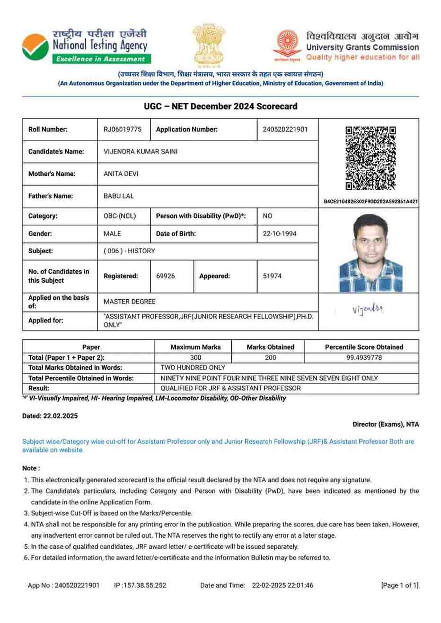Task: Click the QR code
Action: click(370, 158)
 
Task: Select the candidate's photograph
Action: click(370, 253)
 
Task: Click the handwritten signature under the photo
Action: click(368, 310)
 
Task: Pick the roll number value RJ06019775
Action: click(122, 129)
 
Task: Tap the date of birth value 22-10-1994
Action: click(280, 233)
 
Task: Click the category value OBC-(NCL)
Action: click(120, 216)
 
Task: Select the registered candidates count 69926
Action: click(166, 276)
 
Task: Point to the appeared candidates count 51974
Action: click(272, 276)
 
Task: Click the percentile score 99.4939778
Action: click(364, 357)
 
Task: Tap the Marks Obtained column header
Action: click(270, 347)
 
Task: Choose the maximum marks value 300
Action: click(195, 357)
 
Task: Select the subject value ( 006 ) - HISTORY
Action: click(129, 251)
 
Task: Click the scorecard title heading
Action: click(220, 107)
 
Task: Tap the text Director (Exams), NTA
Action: click(386, 424)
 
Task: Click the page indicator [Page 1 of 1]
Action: click(400, 585)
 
